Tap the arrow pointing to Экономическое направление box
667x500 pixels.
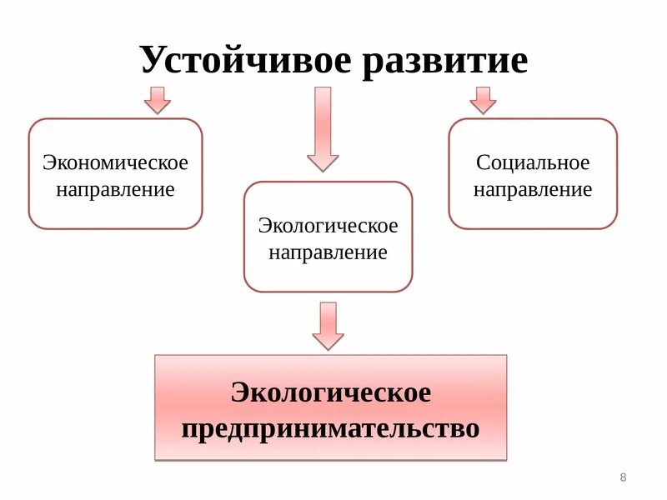(x=157, y=99)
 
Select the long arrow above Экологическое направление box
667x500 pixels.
(x=323, y=128)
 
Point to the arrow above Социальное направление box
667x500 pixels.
(x=482, y=99)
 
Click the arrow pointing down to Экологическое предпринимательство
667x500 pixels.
(x=328, y=325)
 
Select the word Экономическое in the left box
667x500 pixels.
(x=116, y=162)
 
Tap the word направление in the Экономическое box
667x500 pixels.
(x=116, y=189)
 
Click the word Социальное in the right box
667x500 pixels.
(x=533, y=162)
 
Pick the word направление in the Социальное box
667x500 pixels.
(x=533, y=190)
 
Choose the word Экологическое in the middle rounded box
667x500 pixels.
(x=328, y=226)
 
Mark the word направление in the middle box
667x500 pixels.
(x=328, y=253)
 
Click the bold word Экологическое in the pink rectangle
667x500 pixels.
(x=331, y=392)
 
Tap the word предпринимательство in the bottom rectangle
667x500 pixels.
(x=331, y=429)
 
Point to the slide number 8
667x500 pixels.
(x=623, y=477)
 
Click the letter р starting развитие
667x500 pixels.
(x=373, y=64)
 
